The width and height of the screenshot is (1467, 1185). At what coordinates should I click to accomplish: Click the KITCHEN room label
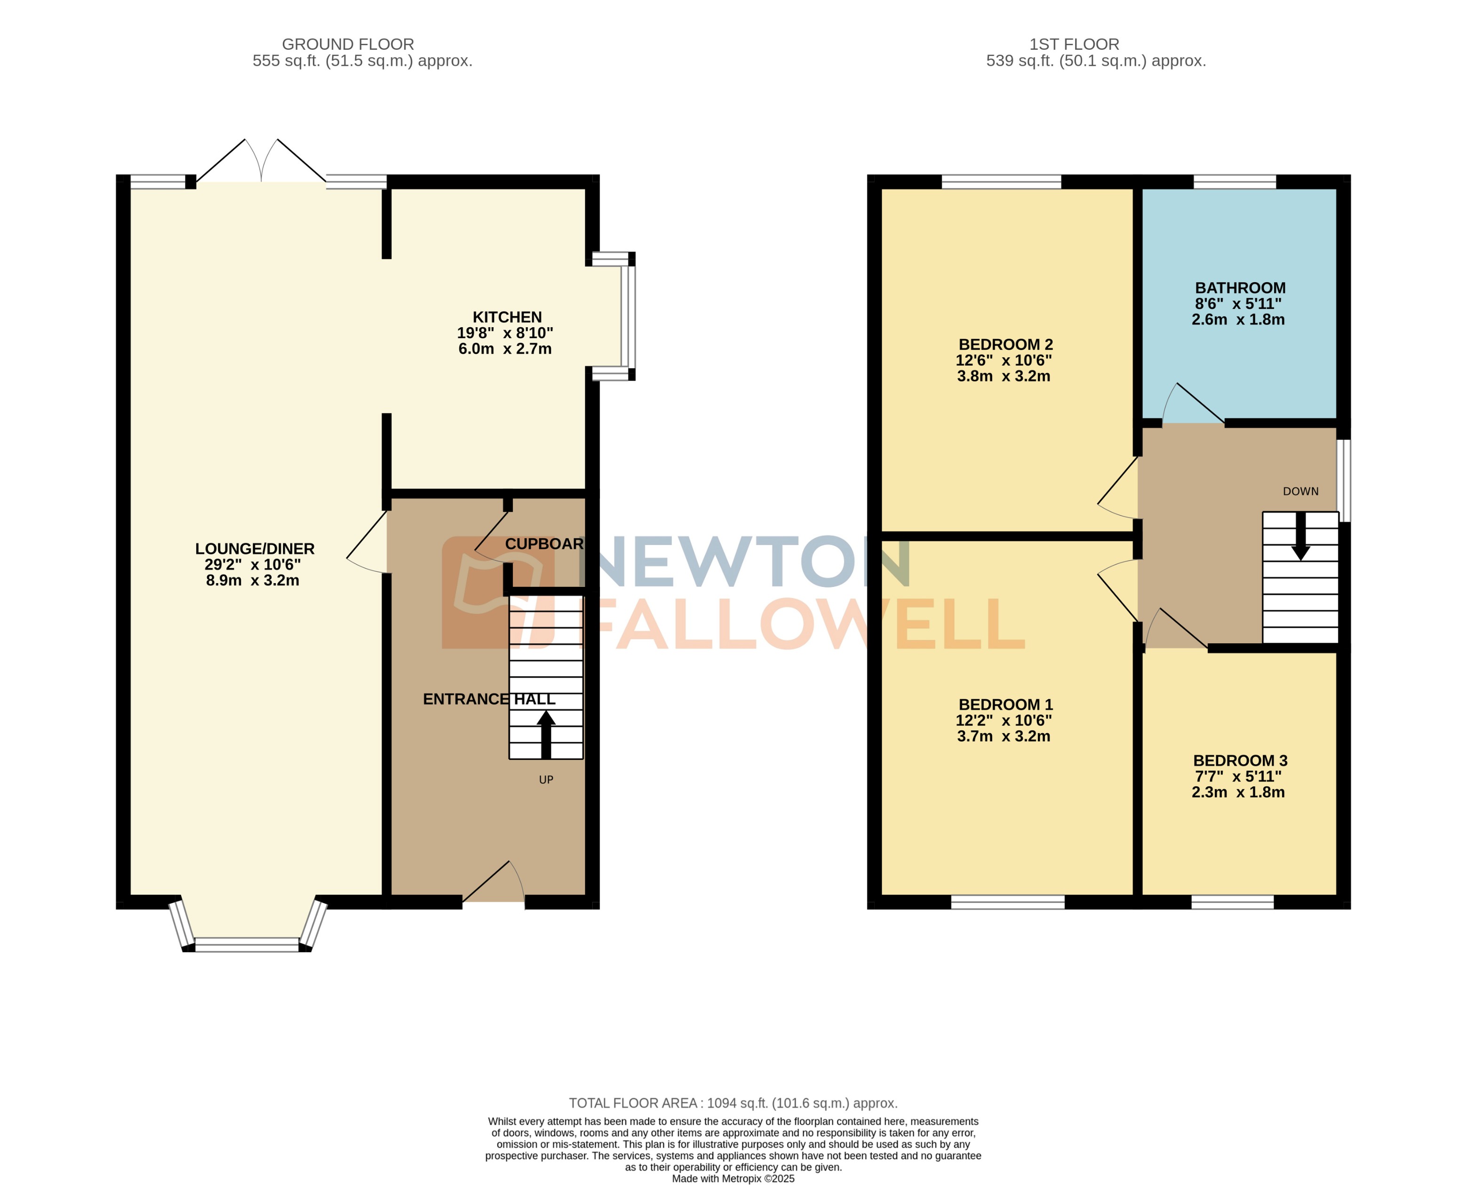pyautogui.click(x=507, y=317)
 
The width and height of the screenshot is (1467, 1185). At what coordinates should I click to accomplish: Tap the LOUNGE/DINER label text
pyautogui.click(x=255, y=549)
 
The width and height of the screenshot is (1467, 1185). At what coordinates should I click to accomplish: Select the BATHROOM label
pyautogui.click(x=1240, y=288)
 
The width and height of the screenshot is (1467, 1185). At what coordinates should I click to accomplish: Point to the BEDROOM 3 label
pyautogui.click(x=1240, y=760)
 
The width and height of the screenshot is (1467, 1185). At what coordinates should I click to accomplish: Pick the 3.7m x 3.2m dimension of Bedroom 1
pyautogui.click(x=1003, y=736)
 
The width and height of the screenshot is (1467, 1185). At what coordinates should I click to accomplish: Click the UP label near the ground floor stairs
pyautogui.click(x=546, y=780)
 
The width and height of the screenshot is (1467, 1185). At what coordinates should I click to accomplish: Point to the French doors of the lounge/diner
pyautogui.click(x=261, y=162)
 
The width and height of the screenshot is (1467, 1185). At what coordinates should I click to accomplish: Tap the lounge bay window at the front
pyautogui.click(x=247, y=944)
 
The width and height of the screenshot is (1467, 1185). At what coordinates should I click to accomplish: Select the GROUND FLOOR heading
pyautogui.click(x=348, y=44)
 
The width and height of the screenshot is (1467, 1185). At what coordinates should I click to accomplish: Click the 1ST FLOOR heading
pyautogui.click(x=1074, y=44)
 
